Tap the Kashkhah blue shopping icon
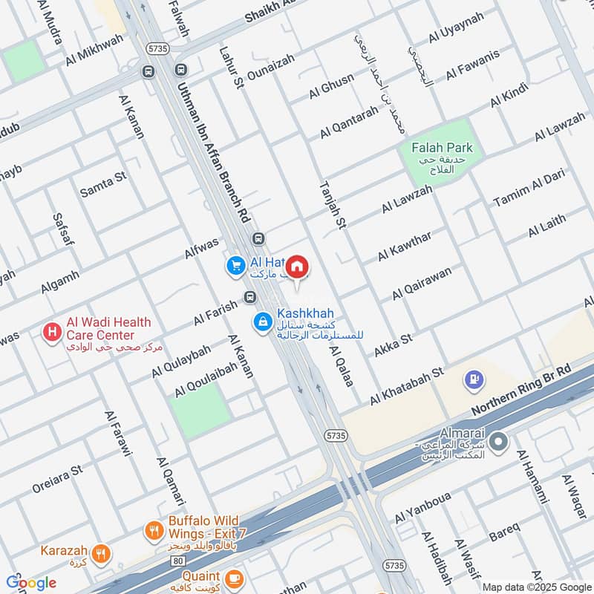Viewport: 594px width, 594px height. pyautogui.click(x=262, y=322)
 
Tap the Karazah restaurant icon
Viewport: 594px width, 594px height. pyautogui.click(x=101, y=552)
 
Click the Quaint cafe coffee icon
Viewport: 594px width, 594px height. pyautogui.click(x=234, y=577)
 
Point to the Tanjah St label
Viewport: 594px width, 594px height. pyautogui.click(x=332, y=206)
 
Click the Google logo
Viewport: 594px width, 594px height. pyautogui.click(x=31, y=583)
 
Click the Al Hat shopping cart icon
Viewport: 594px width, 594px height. pyautogui.click(x=235, y=265)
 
